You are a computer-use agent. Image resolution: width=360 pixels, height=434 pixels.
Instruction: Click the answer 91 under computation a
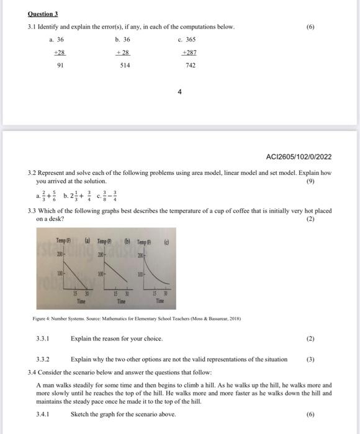click(x=60, y=64)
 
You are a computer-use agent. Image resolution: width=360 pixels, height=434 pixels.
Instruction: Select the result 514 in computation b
click(x=125, y=64)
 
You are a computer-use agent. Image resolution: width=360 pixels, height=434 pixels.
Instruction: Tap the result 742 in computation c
click(x=190, y=64)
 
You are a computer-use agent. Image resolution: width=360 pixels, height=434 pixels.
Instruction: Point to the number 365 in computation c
click(x=190, y=39)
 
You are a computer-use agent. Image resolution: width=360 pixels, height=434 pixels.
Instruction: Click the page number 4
click(x=179, y=91)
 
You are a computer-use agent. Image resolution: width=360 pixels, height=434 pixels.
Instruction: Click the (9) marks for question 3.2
click(x=326, y=182)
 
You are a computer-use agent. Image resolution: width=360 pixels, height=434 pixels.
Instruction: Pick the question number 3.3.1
click(x=43, y=339)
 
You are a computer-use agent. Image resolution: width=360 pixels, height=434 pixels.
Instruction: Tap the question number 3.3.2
click(x=43, y=359)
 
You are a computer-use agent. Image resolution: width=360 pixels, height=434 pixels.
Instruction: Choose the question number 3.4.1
click(x=43, y=414)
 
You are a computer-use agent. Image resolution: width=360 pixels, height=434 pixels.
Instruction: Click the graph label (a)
click(x=88, y=239)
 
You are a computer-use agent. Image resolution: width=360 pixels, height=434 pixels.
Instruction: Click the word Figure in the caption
click(x=39, y=318)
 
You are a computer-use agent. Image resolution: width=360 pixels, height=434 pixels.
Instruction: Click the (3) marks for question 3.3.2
click(x=311, y=359)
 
